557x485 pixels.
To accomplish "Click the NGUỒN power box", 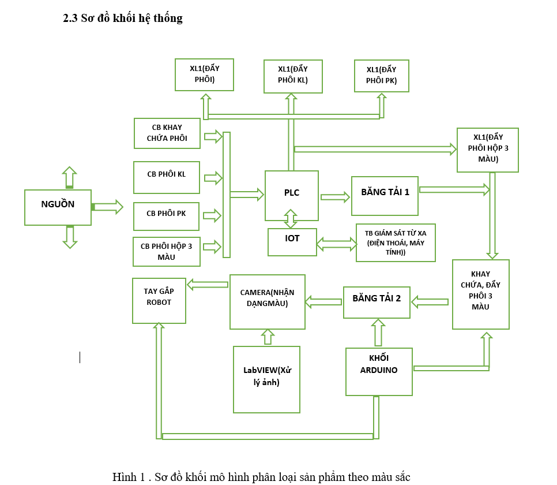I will (x=58, y=207).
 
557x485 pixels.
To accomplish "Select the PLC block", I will (x=292, y=195).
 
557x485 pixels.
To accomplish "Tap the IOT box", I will (x=292, y=242).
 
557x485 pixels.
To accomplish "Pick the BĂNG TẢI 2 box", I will (x=377, y=302).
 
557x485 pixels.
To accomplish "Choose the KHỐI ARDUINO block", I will (x=379, y=371).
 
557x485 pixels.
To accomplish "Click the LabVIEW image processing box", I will (x=266, y=379).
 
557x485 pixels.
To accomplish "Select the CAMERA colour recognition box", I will (x=267, y=301).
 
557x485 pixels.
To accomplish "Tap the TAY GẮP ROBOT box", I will (x=159, y=300).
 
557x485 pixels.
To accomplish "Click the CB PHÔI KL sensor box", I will (x=167, y=177).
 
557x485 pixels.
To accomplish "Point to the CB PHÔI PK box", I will (x=167, y=217).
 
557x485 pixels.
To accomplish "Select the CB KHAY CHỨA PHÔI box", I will (x=167, y=133).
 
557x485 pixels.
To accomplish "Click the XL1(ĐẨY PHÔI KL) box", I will (x=293, y=76).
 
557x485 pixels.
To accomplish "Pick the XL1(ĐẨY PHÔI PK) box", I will (x=382, y=76).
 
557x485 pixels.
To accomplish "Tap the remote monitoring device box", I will (x=396, y=242).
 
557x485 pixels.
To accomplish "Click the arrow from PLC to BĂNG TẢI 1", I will (x=335, y=197).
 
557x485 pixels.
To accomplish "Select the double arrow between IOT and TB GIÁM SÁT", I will (x=337, y=244).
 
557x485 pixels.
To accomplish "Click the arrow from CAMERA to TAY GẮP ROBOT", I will (x=208, y=284).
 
